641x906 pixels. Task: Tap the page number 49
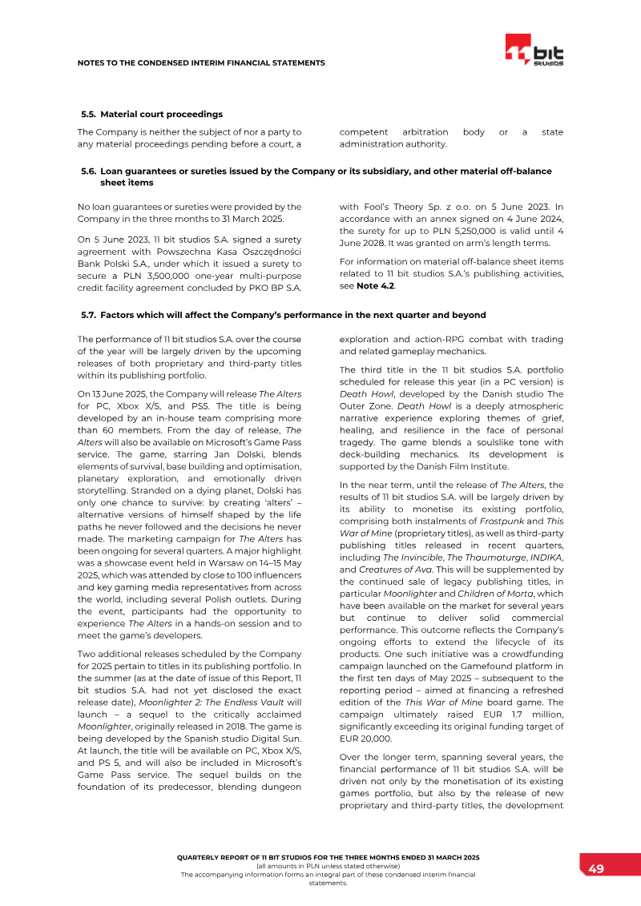[596, 869]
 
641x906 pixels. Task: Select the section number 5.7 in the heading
[88, 315]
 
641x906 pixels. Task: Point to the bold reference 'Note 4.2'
[376, 285]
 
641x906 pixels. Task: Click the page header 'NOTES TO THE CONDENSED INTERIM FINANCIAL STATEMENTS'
[201, 62]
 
